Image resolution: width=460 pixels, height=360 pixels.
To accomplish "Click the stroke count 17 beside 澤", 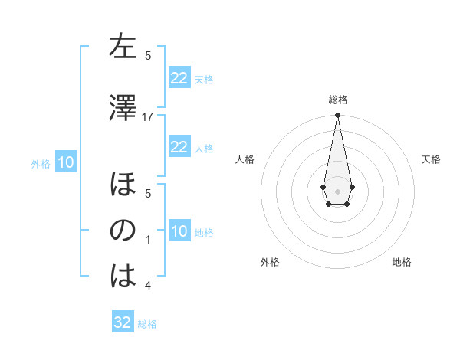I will pyautogui.click(x=148, y=116).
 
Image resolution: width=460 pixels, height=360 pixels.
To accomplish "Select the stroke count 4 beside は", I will pyautogui.click(x=148, y=286).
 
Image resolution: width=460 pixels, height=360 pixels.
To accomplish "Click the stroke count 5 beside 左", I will pyautogui.click(x=148, y=55).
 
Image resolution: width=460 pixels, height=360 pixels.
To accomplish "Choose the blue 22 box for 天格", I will pyautogui.click(x=179, y=78).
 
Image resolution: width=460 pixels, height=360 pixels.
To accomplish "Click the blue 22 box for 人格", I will pyautogui.click(x=179, y=147).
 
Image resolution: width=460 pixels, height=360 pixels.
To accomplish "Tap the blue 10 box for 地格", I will pyautogui.click(x=179, y=231).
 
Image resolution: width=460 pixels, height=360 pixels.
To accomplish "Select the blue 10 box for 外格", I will pyautogui.click(x=65, y=162).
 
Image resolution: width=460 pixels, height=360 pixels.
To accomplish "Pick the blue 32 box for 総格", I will pyautogui.click(x=123, y=322).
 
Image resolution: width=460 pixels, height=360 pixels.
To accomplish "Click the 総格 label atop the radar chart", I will pyautogui.click(x=337, y=100).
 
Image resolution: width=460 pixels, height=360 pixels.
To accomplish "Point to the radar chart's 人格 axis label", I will pyautogui.click(x=245, y=159).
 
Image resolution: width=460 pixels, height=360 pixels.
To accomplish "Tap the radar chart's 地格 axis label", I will pyautogui.click(x=402, y=262).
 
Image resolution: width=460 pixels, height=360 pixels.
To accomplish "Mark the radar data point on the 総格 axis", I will pyautogui.click(x=337, y=116).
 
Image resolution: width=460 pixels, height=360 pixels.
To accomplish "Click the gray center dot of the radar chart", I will pyautogui.click(x=337, y=190).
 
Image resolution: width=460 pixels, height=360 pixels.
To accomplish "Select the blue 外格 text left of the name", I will pyautogui.click(x=41, y=163).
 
